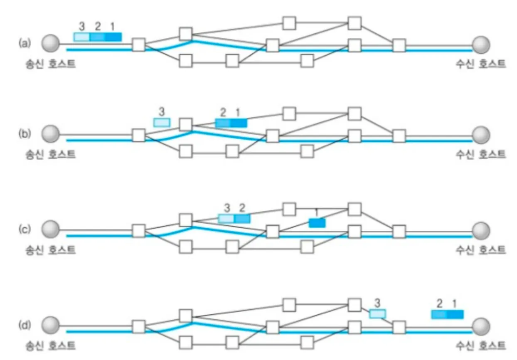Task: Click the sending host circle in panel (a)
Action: [x=51, y=43]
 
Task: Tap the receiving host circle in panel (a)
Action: [x=481, y=43]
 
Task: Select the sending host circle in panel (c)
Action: [x=51, y=229]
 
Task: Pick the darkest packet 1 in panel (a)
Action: [x=113, y=37]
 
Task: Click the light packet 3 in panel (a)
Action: [x=81, y=37]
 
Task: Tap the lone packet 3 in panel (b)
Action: [x=162, y=122]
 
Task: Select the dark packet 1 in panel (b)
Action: [x=239, y=123]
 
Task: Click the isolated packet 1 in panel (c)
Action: [x=317, y=223]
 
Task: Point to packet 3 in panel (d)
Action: [x=377, y=314]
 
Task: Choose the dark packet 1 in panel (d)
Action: [x=455, y=315]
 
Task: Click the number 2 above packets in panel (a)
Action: [x=98, y=27]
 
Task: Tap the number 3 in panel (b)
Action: [x=162, y=111]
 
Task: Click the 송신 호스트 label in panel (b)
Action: [x=51, y=154]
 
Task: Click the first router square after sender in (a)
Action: [x=138, y=44]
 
